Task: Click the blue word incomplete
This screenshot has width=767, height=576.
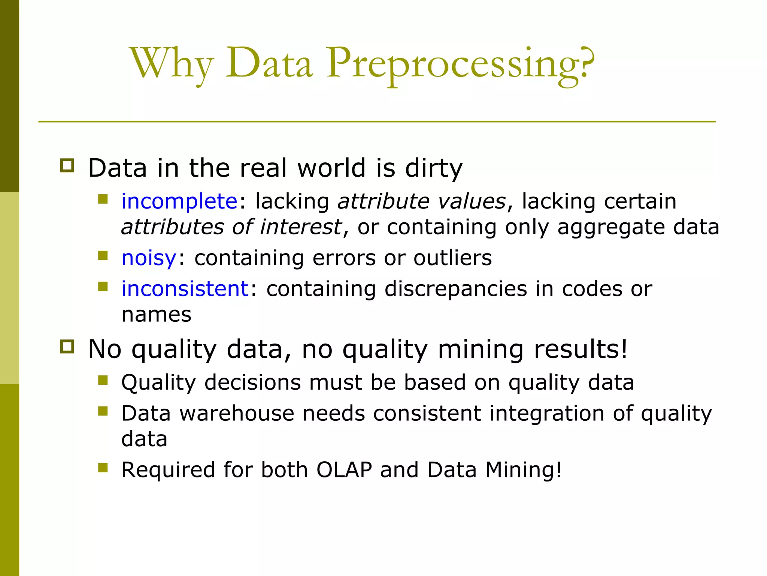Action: [x=179, y=202]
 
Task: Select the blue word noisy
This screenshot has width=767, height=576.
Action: [x=149, y=258]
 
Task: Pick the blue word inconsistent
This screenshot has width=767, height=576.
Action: [x=185, y=289]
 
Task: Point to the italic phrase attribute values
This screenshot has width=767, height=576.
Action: [x=422, y=202]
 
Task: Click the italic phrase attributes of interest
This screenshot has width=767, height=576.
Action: [x=231, y=227]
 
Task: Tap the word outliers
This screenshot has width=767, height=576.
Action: [x=452, y=258]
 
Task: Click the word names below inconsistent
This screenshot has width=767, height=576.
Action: [x=156, y=315]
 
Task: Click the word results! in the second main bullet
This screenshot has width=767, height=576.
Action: [x=580, y=349]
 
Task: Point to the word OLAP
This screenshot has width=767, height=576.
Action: [x=344, y=470]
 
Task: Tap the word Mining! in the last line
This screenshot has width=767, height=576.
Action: [x=523, y=470]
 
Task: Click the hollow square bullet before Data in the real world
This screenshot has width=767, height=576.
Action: [x=67, y=165]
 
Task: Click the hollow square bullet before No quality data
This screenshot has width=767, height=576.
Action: [x=67, y=347]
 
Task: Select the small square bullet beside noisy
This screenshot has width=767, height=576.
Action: [x=103, y=256]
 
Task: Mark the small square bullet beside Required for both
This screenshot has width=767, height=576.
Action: [x=103, y=467]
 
